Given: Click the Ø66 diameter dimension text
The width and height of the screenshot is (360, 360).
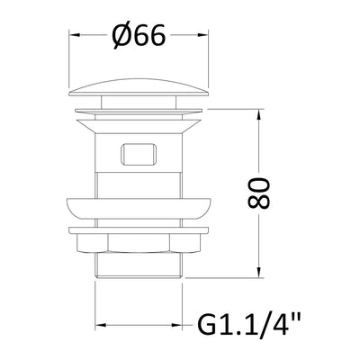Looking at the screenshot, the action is [139, 35].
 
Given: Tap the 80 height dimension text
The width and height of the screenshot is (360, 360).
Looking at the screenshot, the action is [258, 193].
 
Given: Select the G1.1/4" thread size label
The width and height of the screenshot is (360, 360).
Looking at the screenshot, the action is [249, 324].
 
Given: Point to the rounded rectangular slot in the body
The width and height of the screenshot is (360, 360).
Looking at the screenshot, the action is [139, 154].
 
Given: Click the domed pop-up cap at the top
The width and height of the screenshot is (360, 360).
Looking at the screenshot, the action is [139, 87].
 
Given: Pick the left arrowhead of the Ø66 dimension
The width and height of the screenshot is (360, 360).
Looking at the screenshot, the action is [75, 35].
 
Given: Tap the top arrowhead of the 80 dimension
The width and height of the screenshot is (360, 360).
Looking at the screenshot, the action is [259, 115].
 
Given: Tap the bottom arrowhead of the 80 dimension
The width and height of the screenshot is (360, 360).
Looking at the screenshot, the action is [259, 273].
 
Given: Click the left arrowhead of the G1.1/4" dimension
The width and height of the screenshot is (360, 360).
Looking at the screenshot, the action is [101, 325].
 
